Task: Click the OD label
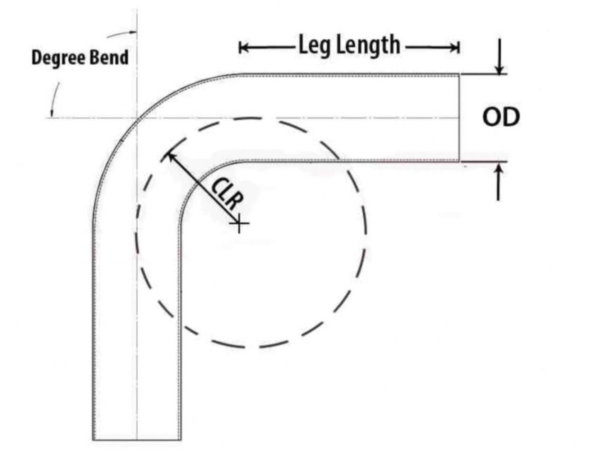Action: point(501,118)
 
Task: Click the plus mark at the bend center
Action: point(240,223)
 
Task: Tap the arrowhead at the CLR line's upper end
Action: point(169,155)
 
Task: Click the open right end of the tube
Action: point(459,118)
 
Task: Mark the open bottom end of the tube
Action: point(137,439)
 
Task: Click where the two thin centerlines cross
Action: point(137,118)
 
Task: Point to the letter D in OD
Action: point(511,118)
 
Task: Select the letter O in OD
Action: point(491,118)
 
